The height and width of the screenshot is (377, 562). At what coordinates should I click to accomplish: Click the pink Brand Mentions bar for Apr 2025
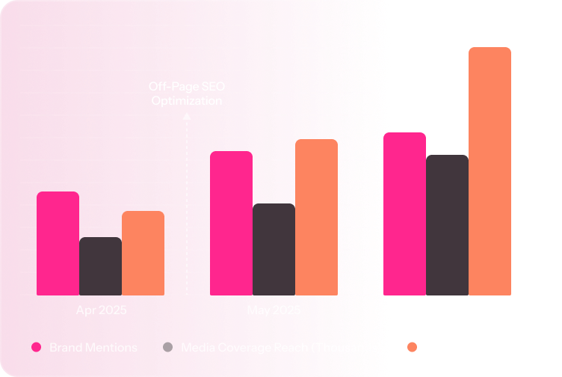[x=58, y=243]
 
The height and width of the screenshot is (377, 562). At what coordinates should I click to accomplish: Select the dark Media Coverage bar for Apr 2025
[x=100, y=266]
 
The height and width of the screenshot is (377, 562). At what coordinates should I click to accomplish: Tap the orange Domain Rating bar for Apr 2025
[x=143, y=253]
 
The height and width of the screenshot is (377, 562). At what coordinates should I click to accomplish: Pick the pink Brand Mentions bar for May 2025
[x=231, y=223]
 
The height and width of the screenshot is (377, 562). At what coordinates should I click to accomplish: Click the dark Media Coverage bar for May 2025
[x=274, y=249]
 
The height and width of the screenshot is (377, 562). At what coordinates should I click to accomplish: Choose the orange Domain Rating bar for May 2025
[x=316, y=217]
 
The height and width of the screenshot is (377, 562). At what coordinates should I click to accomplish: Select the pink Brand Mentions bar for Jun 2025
[x=404, y=214]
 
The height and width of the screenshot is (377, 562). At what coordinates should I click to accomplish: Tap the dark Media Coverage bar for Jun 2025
[x=447, y=225]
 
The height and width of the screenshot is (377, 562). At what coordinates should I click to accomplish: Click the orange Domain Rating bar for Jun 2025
[x=490, y=171]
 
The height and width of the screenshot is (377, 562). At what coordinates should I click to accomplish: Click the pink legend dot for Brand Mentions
[x=35, y=347]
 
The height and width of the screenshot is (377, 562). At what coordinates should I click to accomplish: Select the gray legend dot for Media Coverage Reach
[x=167, y=347]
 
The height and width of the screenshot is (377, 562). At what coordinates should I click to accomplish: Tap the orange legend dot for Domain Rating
[x=411, y=347]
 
